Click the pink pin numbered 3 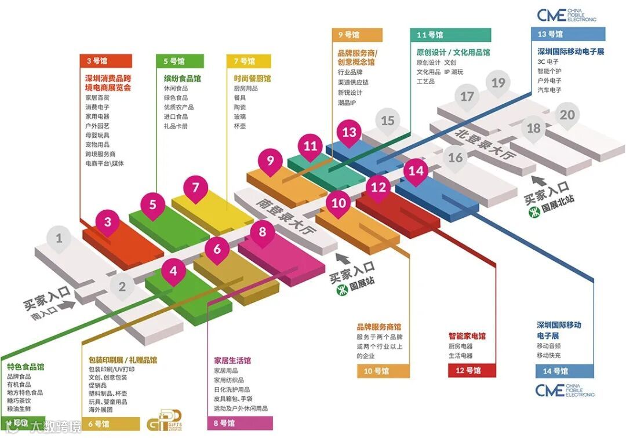coord(108,221)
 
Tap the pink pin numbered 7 coord(196,188)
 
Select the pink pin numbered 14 coord(416,171)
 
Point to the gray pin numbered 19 coord(498,83)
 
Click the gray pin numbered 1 coord(59,238)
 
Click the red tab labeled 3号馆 coord(105,60)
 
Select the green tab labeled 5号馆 coord(180,60)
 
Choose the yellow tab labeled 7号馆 coord(249,60)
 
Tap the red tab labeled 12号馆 coord(472,370)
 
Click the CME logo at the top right coord(566,15)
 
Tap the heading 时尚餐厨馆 coord(252,78)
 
